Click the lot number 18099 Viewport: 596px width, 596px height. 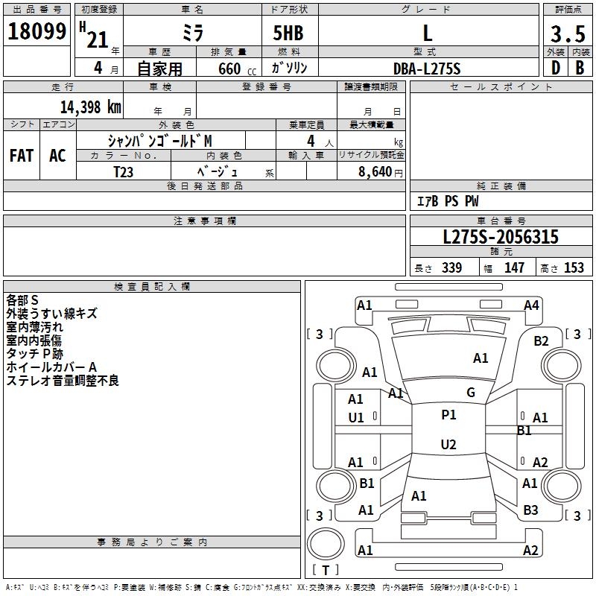coord(37,31)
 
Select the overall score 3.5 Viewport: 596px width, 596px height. coord(567,34)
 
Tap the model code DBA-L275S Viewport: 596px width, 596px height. coord(427,69)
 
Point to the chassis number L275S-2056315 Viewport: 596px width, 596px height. coord(500,238)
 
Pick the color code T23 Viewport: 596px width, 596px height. coord(124,171)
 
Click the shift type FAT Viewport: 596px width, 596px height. coord(22,155)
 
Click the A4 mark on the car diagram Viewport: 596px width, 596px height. coord(531,305)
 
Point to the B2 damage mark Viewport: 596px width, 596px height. coord(541,341)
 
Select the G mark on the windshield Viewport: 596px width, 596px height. coord(470,393)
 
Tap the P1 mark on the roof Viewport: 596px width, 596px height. coord(448,415)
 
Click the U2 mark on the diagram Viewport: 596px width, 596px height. coord(448,445)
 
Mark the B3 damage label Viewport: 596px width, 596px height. coord(530,510)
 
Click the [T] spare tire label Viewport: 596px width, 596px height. coord(325,570)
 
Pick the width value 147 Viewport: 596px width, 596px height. coord(514,267)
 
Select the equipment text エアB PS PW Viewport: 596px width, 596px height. coord(447,201)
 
